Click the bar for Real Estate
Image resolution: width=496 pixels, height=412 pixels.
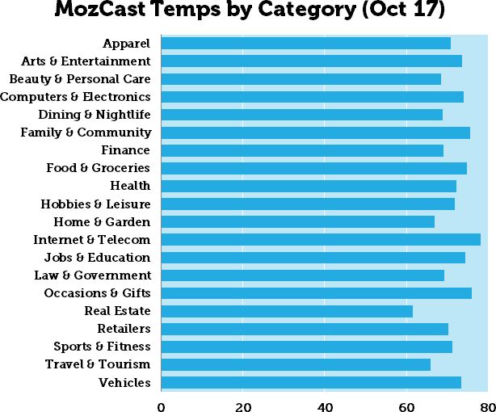(287, 311)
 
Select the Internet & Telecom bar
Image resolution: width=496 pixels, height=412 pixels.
(321, 240)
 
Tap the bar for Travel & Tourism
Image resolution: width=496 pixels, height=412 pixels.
(296, 364)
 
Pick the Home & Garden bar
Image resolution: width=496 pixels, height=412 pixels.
(297, 222)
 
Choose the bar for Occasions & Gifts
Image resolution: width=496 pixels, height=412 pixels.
(317, 293)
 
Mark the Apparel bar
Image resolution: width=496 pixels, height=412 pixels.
(305, 43)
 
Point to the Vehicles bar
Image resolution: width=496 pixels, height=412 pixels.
(311, 382)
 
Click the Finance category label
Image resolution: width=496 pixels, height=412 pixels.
(125, 150)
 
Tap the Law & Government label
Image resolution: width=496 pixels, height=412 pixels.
(92, 275)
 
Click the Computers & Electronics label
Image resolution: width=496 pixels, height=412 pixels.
(75, 97)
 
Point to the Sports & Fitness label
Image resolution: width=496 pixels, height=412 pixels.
(102, 347)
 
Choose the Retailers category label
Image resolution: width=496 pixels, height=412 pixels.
(124, 329)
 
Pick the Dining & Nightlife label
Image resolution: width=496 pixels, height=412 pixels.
(94, 115)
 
